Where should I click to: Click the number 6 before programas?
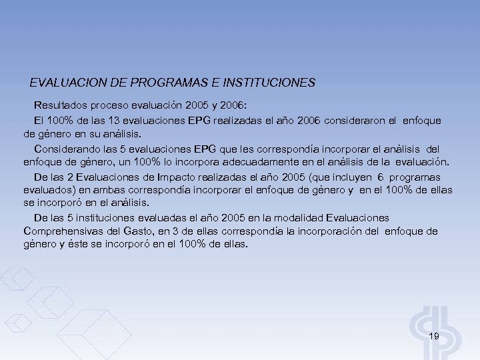[x=379, y=177]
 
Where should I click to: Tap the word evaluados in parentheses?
[x=47, y=191]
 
